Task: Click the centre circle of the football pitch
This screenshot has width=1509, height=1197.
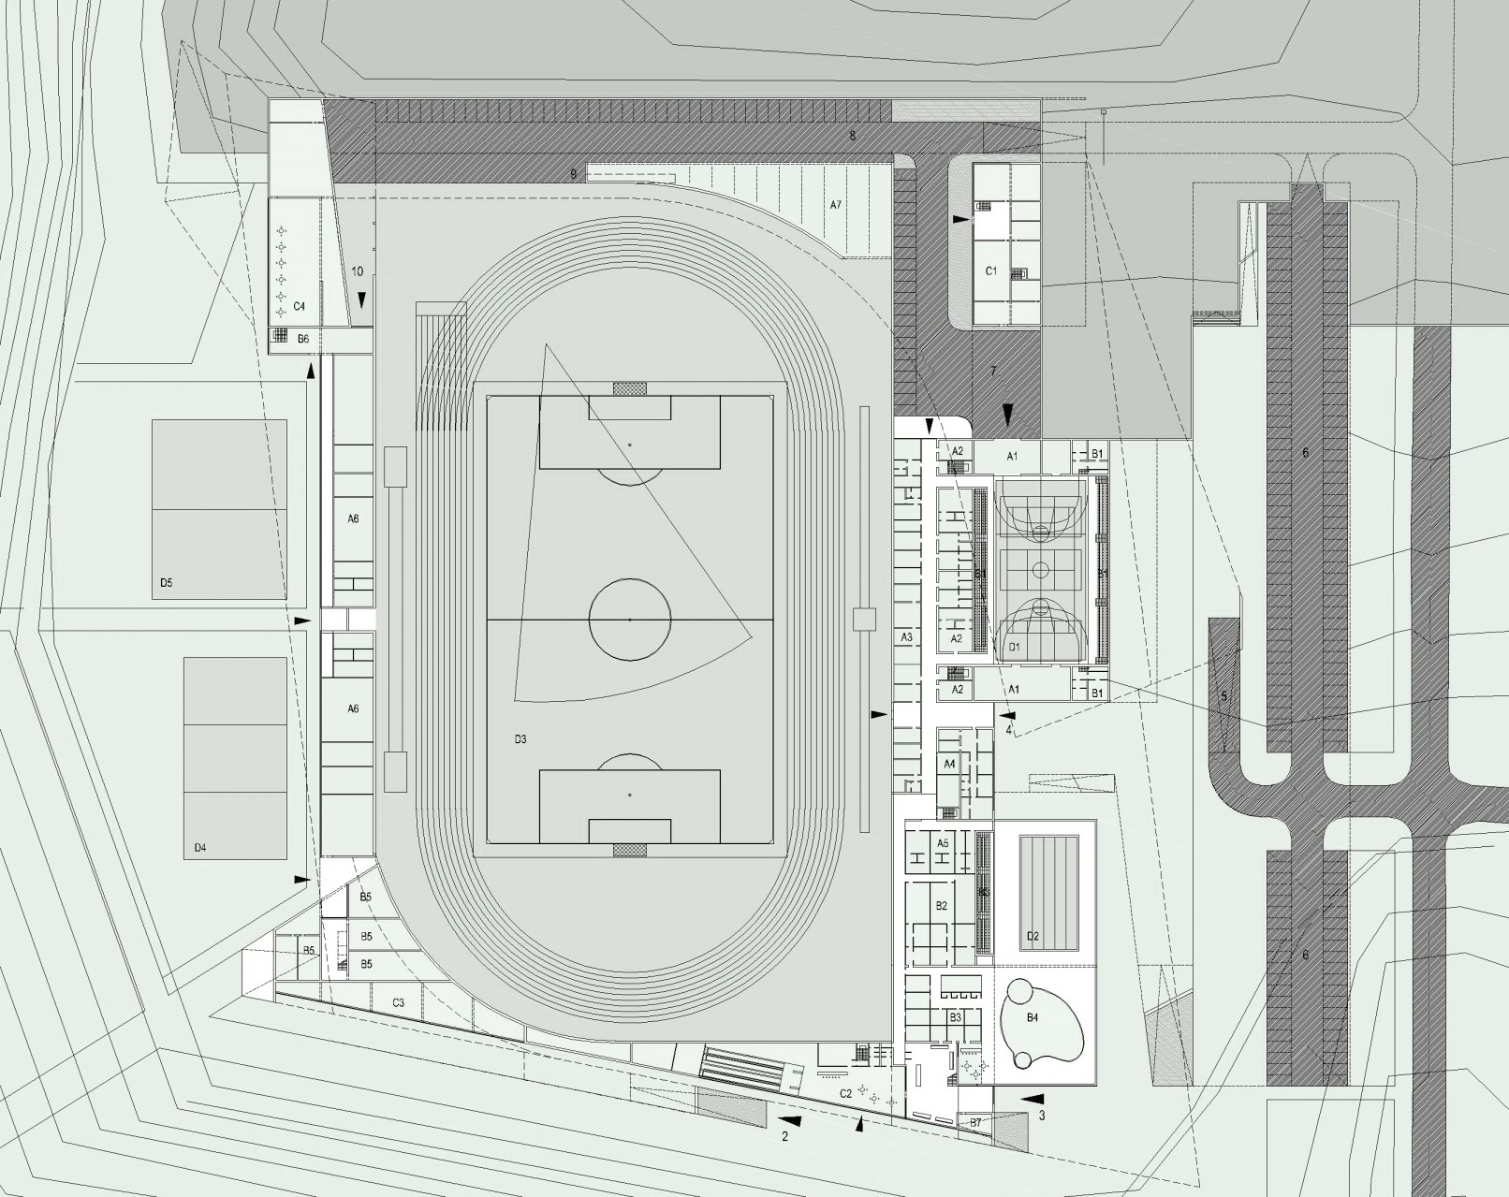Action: [630, 620]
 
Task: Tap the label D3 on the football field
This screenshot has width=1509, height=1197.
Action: [520, 739]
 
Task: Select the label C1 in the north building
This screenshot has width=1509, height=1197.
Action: [991, 270]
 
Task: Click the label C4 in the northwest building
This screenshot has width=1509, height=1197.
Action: [300, 306]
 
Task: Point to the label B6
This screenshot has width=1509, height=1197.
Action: [303, 339]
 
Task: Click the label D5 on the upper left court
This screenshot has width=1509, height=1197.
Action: [166, 582]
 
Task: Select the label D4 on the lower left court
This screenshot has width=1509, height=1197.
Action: [199, 848]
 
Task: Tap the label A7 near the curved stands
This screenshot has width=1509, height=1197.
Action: [835, 203]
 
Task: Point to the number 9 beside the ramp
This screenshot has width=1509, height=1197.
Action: [572, 173]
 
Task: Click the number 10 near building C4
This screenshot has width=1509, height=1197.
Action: [357, 271]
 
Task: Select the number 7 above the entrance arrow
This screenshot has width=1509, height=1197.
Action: [993, 372]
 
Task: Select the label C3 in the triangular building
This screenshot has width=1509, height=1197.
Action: [398, 1002]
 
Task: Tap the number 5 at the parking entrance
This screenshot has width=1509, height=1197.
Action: [1223, 696]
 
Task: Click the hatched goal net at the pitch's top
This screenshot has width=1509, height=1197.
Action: [630, 388]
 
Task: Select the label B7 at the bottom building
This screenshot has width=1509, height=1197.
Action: [975, 1121]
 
